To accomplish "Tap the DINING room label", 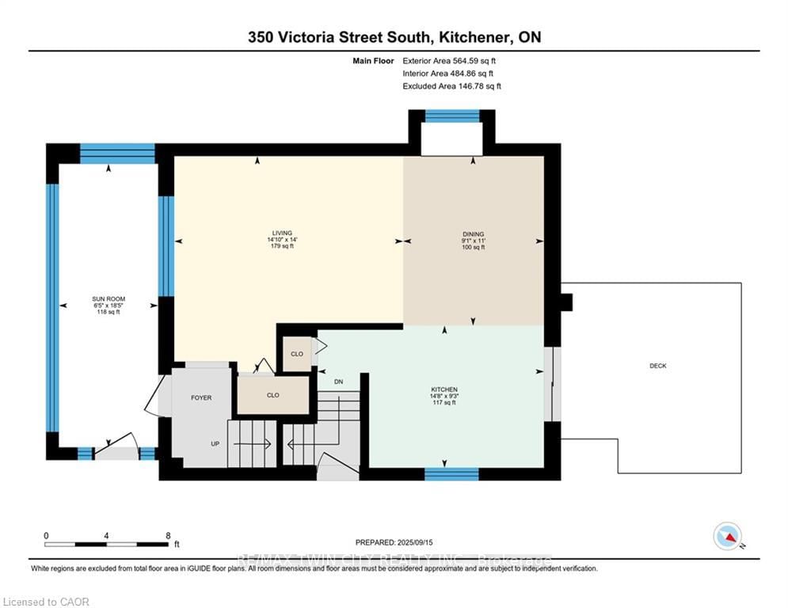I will (x=473, y=234).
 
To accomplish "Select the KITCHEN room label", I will (x=443, y=389).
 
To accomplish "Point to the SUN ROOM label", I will (x=108, y=299).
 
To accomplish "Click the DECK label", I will (x=657, y=366).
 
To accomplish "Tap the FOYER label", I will (x=201, y=397).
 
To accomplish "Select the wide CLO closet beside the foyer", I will (x=273, y=394).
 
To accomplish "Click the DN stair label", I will (x=338, y=382).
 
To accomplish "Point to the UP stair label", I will (x=215, y=444).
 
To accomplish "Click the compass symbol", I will (x=726, y=536).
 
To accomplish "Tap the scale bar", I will (x=107, y=544).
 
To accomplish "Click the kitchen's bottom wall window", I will (x=451, y=474).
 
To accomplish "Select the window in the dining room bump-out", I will (x=452, y=116).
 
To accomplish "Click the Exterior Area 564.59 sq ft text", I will (x=450, y=60).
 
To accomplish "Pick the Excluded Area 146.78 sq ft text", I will (x=451, y=86).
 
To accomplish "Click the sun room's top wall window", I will (x=117, y=152).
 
